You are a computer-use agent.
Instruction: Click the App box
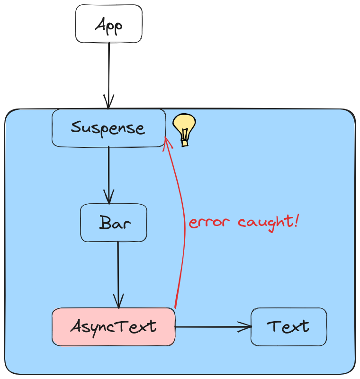[108, 24]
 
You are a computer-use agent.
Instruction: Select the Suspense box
[108, 128]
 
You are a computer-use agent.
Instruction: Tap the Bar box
[114, 223]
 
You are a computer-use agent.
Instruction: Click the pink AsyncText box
[113, 326]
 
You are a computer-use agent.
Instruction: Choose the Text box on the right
[288, 326]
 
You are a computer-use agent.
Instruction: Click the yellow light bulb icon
[184, 127]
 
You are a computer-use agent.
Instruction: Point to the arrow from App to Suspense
[109, 71]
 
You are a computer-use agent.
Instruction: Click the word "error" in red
[210, 223]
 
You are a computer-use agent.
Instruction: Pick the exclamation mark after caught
[296, 221]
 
